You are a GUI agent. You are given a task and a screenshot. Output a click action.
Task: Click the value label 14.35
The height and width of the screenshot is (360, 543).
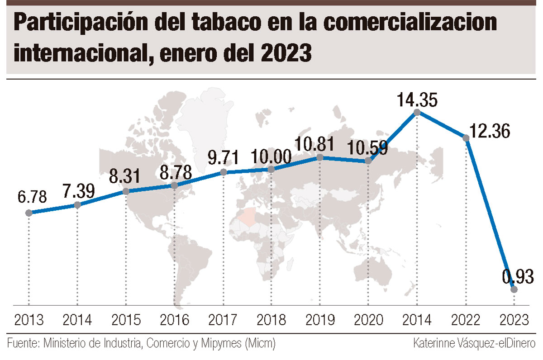click(417, 99)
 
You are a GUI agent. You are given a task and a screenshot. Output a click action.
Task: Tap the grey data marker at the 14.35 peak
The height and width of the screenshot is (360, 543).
click(417, 113)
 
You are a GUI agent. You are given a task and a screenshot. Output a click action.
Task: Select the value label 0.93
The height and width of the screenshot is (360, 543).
click(518, 276)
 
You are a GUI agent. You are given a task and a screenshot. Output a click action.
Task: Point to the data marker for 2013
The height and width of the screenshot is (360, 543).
click(29, 213)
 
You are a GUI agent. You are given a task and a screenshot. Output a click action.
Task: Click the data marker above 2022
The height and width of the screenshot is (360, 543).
click(466, 138)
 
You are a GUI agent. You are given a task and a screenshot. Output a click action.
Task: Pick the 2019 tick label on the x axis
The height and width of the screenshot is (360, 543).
click(320, 320)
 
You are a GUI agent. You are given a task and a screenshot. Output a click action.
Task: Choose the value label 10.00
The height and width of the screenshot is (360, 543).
click(271, 157)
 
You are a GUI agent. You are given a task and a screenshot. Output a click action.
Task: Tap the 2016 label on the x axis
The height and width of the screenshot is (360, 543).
click(174, 320)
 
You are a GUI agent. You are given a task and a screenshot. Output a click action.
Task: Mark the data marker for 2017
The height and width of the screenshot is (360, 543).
click(224, 172)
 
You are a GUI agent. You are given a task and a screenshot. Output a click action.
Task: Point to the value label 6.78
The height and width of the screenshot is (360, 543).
click(32, 197)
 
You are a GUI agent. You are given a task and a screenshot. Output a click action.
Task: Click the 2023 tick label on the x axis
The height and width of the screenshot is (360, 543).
click(514, 320)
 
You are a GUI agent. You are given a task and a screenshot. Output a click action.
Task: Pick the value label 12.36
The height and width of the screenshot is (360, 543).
click(490, 131)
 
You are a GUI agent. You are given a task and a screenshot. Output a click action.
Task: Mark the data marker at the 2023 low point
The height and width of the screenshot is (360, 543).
click(514, 289)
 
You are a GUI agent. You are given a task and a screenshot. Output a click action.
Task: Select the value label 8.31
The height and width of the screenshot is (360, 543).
click(124, 176)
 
